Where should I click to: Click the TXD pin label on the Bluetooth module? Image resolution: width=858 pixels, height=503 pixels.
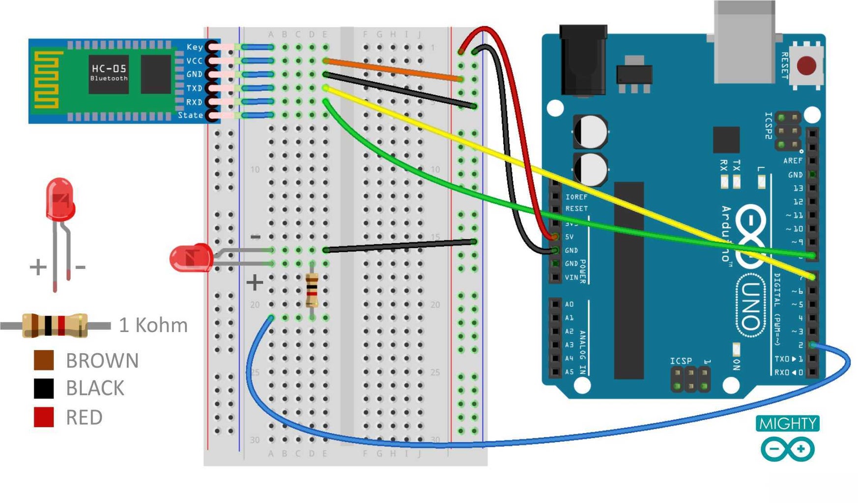point(194,88)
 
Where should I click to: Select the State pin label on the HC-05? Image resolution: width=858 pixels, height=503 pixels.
point(190,115)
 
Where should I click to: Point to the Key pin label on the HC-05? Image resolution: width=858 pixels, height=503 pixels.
point(195,47)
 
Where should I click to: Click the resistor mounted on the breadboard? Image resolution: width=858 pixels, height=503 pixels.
point(312,291)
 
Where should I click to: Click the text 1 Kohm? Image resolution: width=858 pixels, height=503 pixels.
point(153,325)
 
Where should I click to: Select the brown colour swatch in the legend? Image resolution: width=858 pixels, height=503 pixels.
point(44,360)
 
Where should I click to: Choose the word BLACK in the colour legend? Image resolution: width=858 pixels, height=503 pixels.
point(95,389)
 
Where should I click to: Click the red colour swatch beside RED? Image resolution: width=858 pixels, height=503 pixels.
point(44,417)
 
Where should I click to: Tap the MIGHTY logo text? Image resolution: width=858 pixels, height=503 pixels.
point(787,423)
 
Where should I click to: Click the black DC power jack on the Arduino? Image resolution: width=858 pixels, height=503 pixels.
point(583,61)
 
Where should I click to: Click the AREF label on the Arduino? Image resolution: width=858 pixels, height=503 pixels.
point(792,161)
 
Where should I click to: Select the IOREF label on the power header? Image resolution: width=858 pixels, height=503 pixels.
point(576,197)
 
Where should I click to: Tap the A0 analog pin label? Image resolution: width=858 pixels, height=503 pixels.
point(569,305)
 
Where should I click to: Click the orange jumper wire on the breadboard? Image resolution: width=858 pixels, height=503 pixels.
point(393,70)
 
